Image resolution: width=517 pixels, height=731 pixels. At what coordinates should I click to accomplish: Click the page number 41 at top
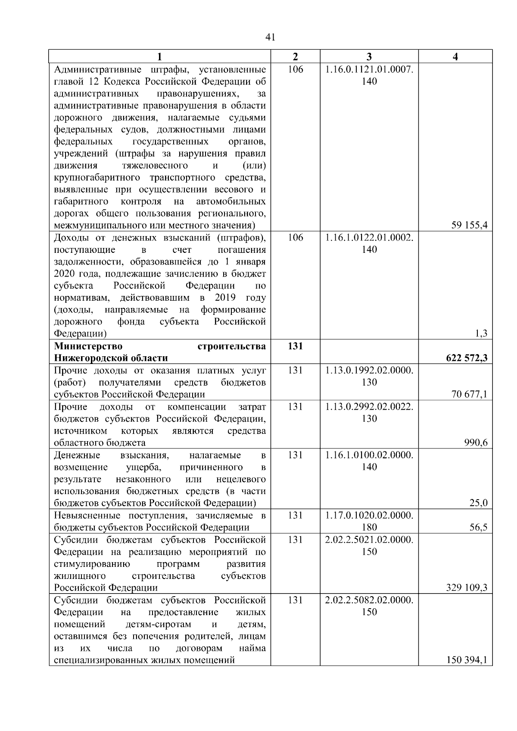(271, 37)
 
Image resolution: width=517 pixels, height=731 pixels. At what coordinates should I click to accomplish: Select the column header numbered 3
(369, 56)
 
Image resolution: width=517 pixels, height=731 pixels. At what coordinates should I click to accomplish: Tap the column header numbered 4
(455, 56)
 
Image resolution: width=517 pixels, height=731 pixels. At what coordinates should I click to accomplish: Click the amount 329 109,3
(467, 588)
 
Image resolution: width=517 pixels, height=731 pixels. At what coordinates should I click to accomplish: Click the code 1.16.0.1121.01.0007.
(369, 69)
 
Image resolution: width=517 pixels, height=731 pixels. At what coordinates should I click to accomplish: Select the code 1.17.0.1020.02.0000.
(369, 515)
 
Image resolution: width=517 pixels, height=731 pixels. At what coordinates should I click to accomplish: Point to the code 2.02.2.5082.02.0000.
(369, 600)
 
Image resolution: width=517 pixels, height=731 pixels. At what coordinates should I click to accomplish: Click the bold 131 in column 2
(295, 346)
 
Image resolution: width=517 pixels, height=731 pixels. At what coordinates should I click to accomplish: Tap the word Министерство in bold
(88, 346)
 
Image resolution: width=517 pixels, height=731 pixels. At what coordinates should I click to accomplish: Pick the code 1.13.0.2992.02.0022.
(369, 407)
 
